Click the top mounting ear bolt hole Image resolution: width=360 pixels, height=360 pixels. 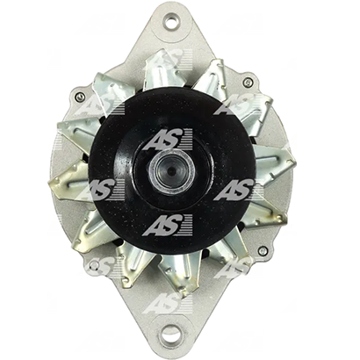pyautogui.click(x=170, y=21)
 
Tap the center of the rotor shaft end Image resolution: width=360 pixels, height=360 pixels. pyautogui.click(x=172, y=169)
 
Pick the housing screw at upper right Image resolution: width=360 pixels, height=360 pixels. pyautogui.click(x=248, y=83)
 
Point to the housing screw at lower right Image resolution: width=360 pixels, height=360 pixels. pyautogui.click(x=263, y=250)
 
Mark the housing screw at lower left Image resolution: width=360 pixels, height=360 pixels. pyautogui.click(x=94, y=265)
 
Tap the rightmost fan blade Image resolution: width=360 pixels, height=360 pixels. pyautogui.click(x=274, y=164)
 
